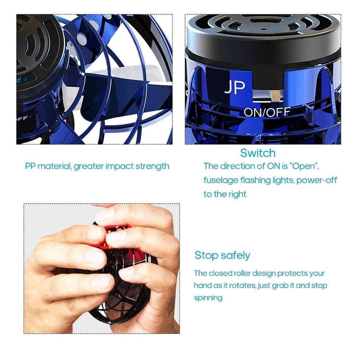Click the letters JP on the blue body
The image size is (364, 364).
coord(234,87)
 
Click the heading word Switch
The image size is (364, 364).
coord(258,153)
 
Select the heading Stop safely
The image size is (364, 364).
coord(222,255)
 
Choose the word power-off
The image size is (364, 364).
coord(317,180)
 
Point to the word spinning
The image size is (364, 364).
coord(208,298)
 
